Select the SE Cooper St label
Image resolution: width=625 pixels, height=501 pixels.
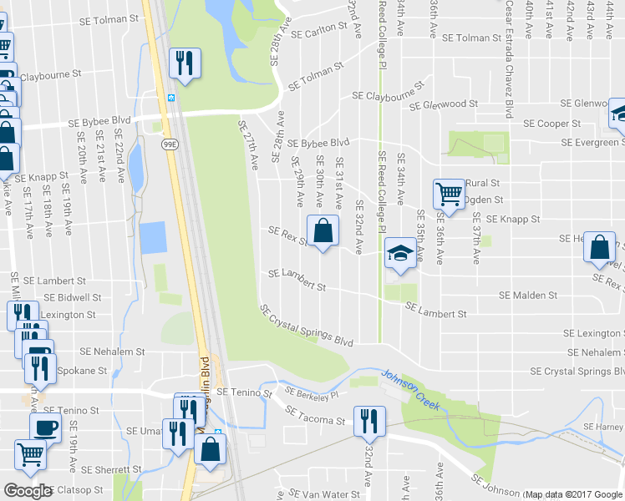(551, 124)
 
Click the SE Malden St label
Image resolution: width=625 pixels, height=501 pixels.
(527, 296)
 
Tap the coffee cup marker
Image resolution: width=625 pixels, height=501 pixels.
(45, 428)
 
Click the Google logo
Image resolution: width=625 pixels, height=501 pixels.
(28, 491)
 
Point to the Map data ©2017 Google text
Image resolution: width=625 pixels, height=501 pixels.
(573, 494)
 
